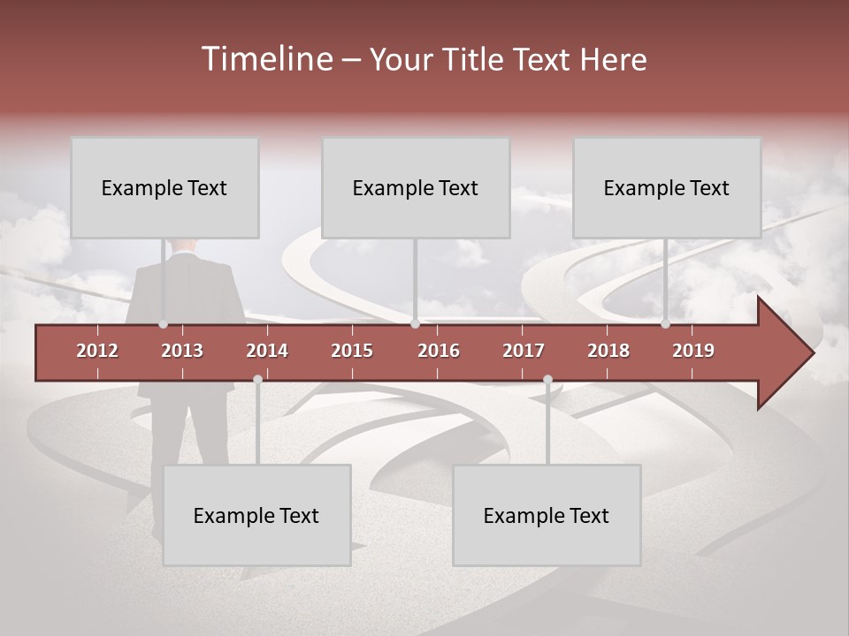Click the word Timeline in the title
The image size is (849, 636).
(266, 59)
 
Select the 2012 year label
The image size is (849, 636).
(97, 351)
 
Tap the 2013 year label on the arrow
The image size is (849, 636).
(182, 351)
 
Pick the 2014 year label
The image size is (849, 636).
(267, 351)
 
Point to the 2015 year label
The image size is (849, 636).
(352, 351)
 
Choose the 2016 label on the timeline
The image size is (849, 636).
(439, 351)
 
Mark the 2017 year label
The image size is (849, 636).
(524, 351)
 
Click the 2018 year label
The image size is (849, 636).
(608, 351)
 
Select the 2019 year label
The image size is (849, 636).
(693, 351)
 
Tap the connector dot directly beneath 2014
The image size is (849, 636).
(257, 379)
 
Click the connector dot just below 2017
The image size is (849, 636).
(547, 379)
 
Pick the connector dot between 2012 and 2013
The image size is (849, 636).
(163, 324)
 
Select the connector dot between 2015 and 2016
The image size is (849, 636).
(415, 324)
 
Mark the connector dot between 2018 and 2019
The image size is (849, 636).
(665, 324)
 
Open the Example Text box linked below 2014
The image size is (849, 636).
(256, 515)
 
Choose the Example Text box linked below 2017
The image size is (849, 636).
(547, 515)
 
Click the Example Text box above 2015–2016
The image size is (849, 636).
(416, 187)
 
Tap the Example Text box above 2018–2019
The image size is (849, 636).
(667, 187)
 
